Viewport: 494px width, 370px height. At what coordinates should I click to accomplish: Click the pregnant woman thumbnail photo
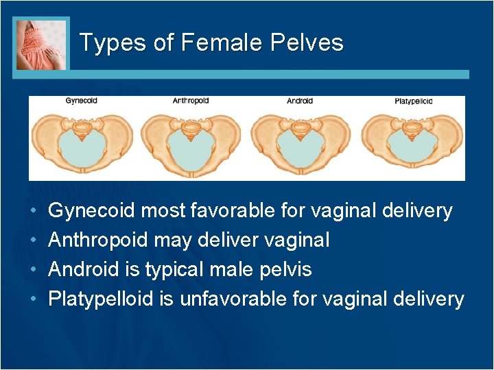(41, 44)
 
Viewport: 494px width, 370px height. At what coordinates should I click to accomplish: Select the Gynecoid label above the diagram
(82, 101)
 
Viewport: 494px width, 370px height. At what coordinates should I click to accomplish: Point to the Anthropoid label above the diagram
(191, 101)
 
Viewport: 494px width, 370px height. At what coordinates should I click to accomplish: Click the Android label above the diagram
(300, 101)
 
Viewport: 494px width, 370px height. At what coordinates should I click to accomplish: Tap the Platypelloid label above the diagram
(413, 101)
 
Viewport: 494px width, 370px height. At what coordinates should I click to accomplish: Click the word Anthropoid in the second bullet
(98, 241)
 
